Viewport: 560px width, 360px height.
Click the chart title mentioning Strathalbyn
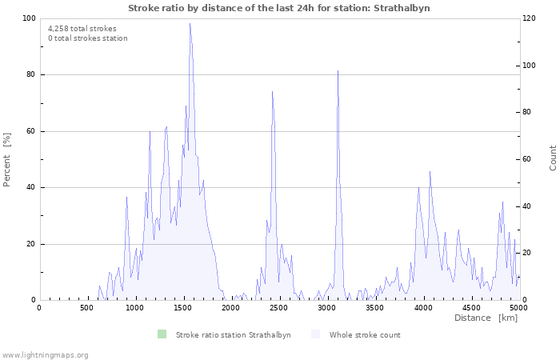[x=279, y=8]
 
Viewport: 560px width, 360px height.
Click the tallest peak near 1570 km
[x=190, y=24]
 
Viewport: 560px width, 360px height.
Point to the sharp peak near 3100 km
[x=338, y=71]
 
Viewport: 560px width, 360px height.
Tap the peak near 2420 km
[x=272, y=91]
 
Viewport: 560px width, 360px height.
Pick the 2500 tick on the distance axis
[x=278, y=306]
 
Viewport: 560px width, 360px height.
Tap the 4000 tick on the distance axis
[x=422, y=306]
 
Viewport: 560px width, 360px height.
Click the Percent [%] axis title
[x=8, y=159]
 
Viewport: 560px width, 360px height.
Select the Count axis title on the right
[x=553, y=158]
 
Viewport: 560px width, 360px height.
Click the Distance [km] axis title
[x=486, y=318]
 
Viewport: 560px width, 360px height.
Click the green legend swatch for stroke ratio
[x=162, y=334]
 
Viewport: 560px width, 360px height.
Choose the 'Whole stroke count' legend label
[x=365, y=334]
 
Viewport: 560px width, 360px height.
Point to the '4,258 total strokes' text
[x=82, y=29]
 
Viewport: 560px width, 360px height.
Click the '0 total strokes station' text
[x=88, y=38]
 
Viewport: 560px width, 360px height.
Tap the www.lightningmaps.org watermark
[x=45, y=354]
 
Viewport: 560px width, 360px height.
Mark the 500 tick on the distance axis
[x=86, y=306]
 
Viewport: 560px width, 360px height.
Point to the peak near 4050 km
[x=430, y=171]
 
